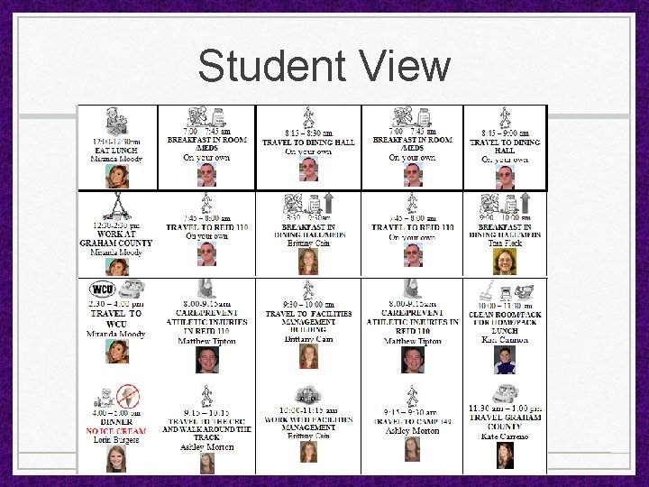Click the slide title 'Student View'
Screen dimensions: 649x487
(x=324, y=66)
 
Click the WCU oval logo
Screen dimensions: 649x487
(x=103, y=290)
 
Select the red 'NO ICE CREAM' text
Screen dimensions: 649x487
(x=117, y=431)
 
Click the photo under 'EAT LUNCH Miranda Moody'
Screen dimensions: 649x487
(x=116, y=175)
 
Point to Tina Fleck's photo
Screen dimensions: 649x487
(x=504, y=261)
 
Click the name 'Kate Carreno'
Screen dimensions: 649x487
(x=504, y=436)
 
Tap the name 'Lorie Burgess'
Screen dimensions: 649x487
(x=116, y=440)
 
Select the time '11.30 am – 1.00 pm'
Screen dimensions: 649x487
(x=505, y=409)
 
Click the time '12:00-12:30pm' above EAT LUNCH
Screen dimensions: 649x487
(x=117, y=142)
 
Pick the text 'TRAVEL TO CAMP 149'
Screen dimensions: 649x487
(x=412, y=421)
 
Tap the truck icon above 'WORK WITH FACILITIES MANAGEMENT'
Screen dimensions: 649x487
(x=309, y=393)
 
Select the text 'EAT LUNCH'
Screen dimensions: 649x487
(x=117, y=150)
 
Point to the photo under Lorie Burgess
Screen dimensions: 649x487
(x=116, y=457)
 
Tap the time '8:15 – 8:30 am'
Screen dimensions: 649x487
(x=308, y=133)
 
